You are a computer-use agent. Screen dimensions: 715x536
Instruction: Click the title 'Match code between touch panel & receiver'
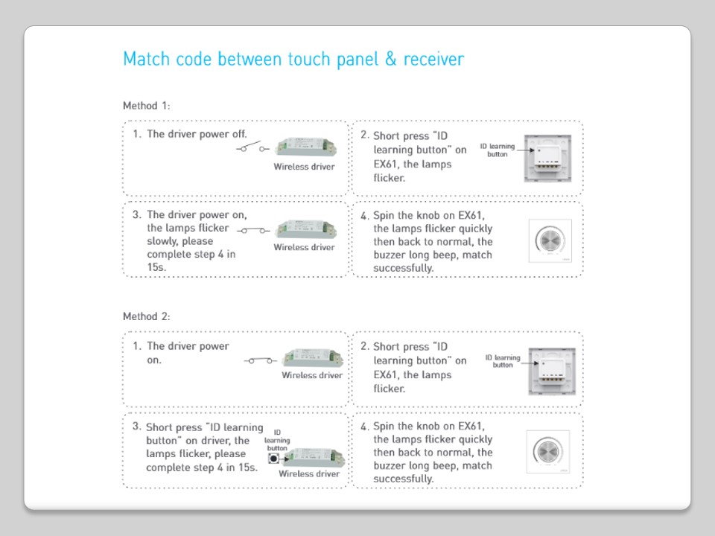(x=293, y=60)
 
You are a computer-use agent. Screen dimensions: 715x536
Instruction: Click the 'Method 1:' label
(x=147, y=106)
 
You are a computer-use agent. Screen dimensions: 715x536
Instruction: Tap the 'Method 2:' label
(x=147, y=316)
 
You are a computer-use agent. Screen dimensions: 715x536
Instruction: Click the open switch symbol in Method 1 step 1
(x=252, y=147)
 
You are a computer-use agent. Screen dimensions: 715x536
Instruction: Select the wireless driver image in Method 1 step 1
(x=306, y=147)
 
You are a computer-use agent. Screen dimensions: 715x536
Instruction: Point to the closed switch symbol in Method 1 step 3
(x=253, y=231)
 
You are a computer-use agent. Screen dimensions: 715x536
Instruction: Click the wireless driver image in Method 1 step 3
(x=306, y=229)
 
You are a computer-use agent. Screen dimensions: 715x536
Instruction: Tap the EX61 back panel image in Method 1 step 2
(x=547, y=158)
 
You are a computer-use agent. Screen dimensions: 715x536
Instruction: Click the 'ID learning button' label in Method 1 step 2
(x=497, y=150)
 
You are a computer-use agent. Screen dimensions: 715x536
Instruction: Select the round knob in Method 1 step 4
(x=550, y=240)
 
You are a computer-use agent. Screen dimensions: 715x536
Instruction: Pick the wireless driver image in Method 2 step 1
(x=313, y=358)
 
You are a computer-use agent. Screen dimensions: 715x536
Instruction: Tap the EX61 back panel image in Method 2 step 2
(x=552, y=371)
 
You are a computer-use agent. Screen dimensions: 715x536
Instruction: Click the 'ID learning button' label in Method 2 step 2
(x=503, y=361)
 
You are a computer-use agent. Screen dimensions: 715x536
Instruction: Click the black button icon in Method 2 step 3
(x=273, y=458)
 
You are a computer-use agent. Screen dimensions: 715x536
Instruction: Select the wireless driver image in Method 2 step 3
(x=314, y=456)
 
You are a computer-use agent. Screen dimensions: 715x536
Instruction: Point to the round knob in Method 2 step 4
(x=547, y=451)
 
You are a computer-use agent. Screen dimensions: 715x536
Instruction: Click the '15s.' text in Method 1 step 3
(x=156, y=267)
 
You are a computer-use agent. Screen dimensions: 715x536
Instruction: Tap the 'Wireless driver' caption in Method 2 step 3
(x=309, y=473)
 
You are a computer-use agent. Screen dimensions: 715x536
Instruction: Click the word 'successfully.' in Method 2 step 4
(x=404, y=479)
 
